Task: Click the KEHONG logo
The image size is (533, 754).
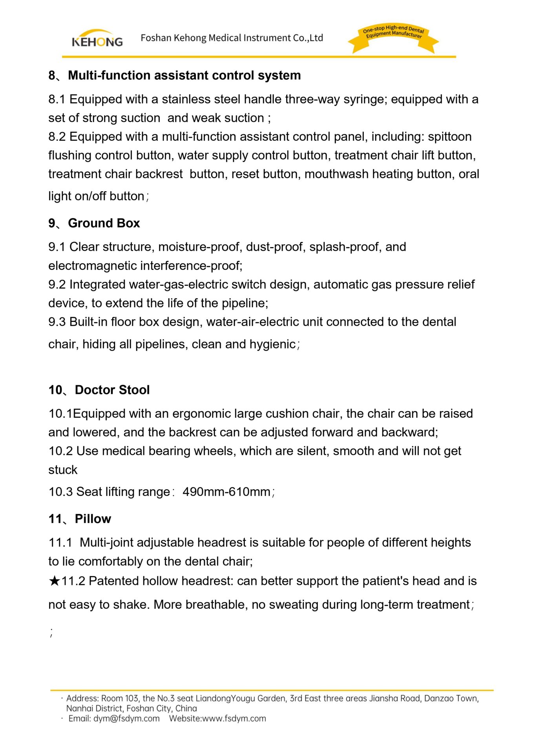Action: click(x=97, y=38)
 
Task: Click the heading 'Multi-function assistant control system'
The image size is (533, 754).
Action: click(x=184, y=75)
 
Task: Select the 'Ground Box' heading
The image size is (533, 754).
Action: click(x=104, y=223)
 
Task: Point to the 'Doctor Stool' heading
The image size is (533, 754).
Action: click(x=112, y=390)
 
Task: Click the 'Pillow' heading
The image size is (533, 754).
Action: click(x=93, y=519)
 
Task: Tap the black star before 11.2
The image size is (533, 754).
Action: click(x=54, y=581)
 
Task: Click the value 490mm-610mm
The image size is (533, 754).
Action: click(x=226, y=492)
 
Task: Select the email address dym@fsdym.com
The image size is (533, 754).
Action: click(x=126, y=719)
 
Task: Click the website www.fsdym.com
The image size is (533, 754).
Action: click(x=234, y=719)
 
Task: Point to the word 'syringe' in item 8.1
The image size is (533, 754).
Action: click(x=365, y=99)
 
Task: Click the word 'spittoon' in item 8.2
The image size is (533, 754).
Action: click(x=449, y=137)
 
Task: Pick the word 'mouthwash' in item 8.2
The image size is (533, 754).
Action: click(x=336, y=174)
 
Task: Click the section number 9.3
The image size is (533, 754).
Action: click(x=57, y=322)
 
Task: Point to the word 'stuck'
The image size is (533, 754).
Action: click(x=63, y=470)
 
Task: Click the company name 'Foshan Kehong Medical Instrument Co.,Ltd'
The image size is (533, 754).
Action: click(x=232, y=38)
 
